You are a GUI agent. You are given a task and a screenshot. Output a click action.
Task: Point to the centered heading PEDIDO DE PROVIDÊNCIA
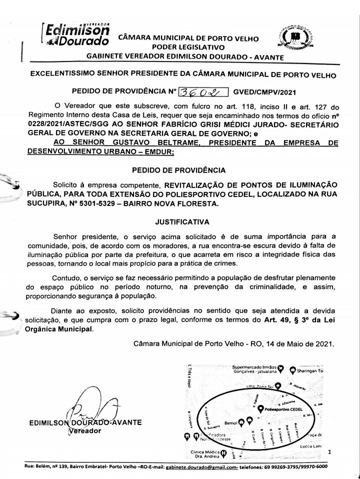(x=178, y=170)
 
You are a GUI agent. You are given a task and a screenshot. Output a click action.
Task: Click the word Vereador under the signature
(x=81, y=431)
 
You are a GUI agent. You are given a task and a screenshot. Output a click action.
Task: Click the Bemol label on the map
(x=230, y=422)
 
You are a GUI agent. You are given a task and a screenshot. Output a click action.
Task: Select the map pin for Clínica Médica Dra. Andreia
(x=223, y=454)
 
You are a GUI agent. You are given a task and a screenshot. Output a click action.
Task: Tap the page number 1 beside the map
(x=329, y=451)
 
